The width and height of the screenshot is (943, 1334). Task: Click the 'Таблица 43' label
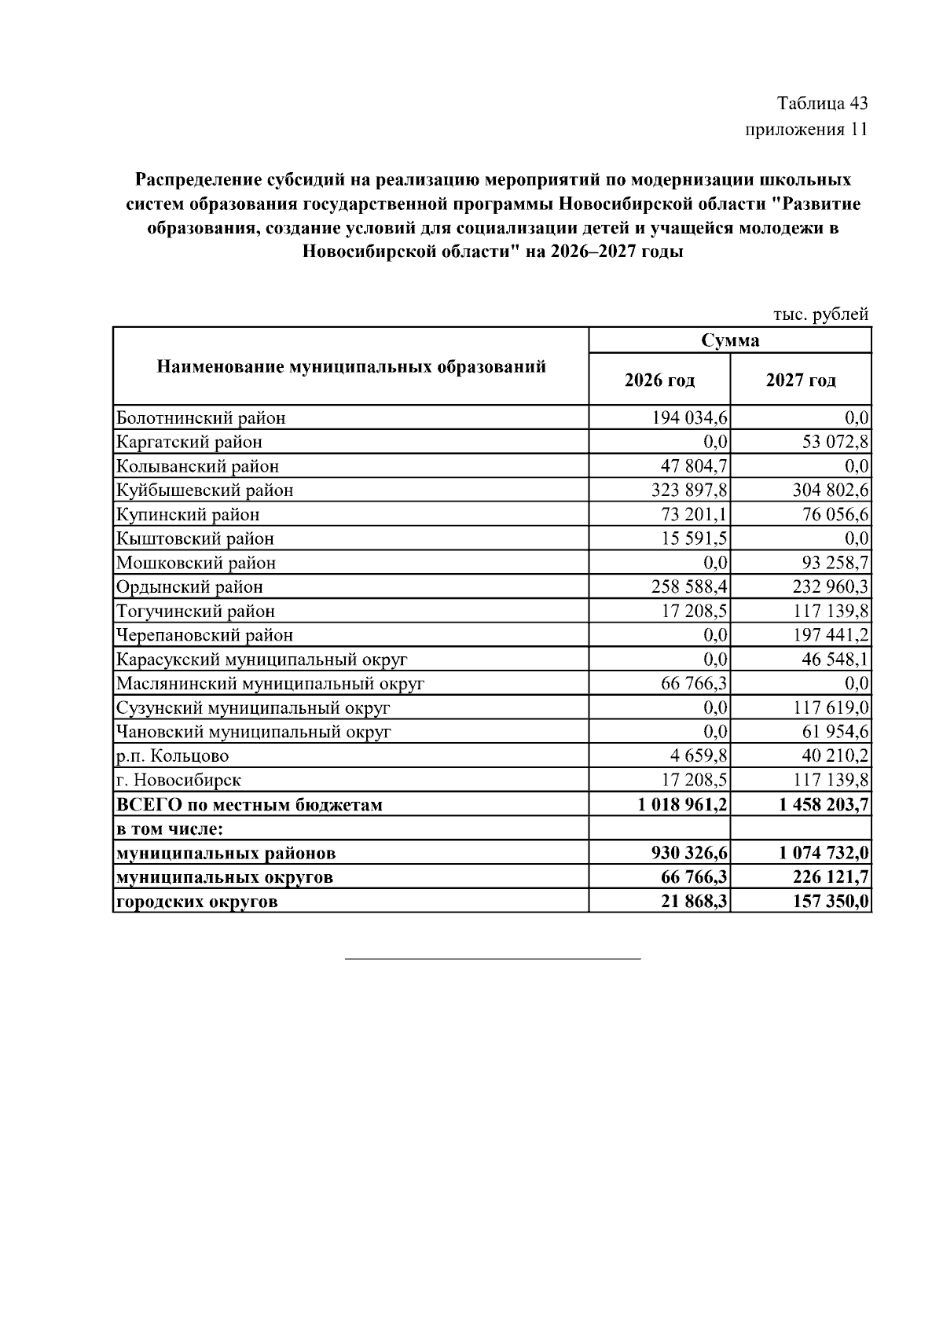coord(822,104)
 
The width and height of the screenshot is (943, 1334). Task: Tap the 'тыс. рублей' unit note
coord(820,314)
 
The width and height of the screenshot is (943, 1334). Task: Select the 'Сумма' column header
coord(730,340)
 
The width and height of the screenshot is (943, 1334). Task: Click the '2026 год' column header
coord(659,380)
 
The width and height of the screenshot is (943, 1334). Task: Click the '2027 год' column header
coord(801,380)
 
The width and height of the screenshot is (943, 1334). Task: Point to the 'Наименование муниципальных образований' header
coord(351,366)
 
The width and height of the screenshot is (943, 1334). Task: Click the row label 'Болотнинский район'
coord(201,418)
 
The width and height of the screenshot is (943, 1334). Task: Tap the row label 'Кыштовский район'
coord(195,539)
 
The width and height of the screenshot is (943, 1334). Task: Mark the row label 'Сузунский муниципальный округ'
coord(253,708)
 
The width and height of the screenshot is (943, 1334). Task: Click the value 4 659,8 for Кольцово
coord(699,756)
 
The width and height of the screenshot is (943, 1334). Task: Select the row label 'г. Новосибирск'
coord(178,781)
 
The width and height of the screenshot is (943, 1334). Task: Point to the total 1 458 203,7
coord(824,805)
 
